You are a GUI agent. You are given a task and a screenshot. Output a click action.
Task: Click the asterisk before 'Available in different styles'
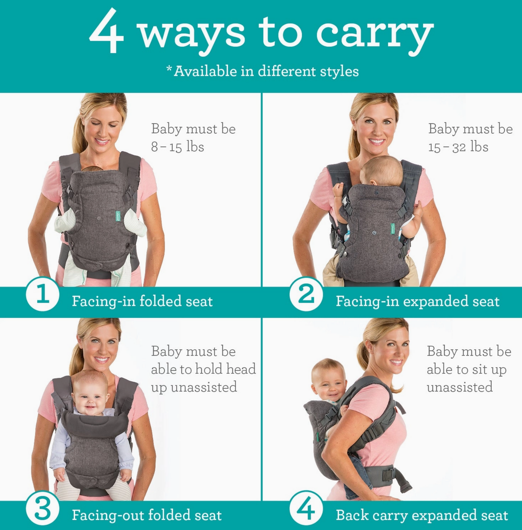(x=169, y=68)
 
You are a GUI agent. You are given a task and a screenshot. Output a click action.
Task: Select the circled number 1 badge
(x=43, y=294)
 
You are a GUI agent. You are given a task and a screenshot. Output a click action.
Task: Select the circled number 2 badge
(x=306, y=294)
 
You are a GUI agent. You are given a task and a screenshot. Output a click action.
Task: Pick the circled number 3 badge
(x=43, y=509)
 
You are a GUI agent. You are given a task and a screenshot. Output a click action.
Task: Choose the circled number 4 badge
(x=306, y=509)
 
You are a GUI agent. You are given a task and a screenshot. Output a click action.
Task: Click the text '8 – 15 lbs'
(x=177, y=147)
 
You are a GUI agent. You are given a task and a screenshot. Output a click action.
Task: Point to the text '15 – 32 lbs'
(x=458, y=147)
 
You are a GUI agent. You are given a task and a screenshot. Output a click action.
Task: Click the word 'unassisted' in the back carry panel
(x=460, y=387)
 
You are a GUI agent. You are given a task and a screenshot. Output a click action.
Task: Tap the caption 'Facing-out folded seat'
(x=147, y=515)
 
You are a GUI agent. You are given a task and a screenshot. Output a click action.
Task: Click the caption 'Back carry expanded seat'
(x=422, y=515)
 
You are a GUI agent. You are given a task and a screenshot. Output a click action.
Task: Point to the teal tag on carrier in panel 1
(x=118, y=216)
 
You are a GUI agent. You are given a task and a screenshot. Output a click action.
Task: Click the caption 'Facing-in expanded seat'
(x=418, y=301)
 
